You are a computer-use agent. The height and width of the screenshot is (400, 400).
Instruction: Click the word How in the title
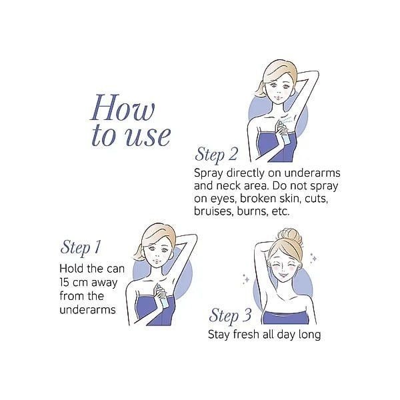pos(123,107)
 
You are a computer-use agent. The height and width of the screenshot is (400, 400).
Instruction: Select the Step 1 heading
pos(81,247)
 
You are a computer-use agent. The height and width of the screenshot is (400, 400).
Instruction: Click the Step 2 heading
pos(216,155)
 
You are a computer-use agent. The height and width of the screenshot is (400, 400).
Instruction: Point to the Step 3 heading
pos(230,315)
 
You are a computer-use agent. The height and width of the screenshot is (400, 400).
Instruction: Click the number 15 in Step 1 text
pos(64,283)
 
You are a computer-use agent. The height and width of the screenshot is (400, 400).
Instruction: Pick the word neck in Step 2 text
pos(229,186)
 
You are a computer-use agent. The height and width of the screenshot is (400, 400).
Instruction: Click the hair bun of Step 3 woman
pos(290,236)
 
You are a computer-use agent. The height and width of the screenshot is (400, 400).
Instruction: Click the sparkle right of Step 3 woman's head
pos(314,257)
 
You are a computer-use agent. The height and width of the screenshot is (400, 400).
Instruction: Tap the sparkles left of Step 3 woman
pos(246,279)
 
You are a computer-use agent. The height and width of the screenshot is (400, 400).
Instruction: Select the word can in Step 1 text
pos(115,269)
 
